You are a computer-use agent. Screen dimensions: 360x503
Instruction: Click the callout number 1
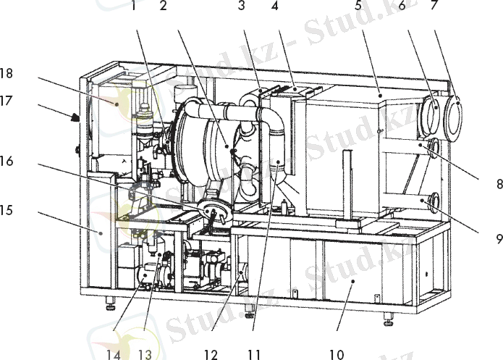click(x=134, y=7)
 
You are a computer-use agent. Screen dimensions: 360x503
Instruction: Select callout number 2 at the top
click(x=163, y=7)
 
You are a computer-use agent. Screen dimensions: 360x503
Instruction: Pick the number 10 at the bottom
click(x=336, y=353)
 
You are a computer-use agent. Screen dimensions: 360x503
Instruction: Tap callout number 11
click(x=253, y=353)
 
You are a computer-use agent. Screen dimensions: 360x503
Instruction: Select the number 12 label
click(x=211, y=353)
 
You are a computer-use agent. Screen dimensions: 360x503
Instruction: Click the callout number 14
click(x=114, y=353)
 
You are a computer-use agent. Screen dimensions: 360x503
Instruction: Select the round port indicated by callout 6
click(x=433, y=114)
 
